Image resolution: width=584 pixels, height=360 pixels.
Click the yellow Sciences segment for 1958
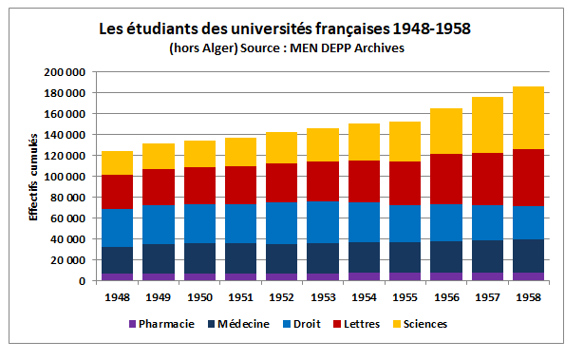[x=528, y=118]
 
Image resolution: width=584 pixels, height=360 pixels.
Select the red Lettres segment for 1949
[x=159, y=187]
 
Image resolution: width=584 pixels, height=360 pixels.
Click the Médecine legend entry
[x=237, y=324]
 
